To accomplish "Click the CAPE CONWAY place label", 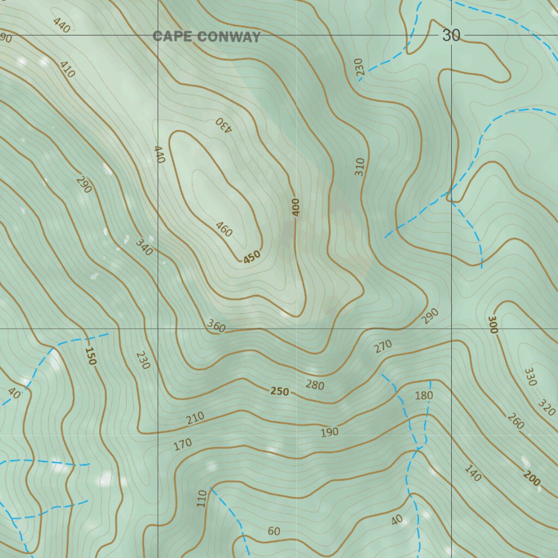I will pos(207,37).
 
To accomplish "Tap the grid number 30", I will pos(451,35).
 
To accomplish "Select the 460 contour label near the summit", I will pos(224,229).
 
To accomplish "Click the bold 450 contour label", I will pos(252,257).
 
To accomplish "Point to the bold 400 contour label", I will pos(295,207).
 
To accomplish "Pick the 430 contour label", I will pos(224,125).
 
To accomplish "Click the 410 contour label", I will pos(67,69).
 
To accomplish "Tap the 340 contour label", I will pos(144,247).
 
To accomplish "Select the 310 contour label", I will pos(359,166).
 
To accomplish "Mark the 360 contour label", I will pos(216,326).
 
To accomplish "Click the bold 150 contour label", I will pos(90,356).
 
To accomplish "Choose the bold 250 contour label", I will pos(280,391).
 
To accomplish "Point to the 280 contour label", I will pos(314,385).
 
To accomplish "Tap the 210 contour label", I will pos(195,418).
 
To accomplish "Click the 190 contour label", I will pos(329,432).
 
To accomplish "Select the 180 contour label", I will pos(423,395).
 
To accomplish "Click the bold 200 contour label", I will pos(531,478).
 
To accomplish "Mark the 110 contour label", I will pos(202,498).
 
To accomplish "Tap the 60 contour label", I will pos(274,531).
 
